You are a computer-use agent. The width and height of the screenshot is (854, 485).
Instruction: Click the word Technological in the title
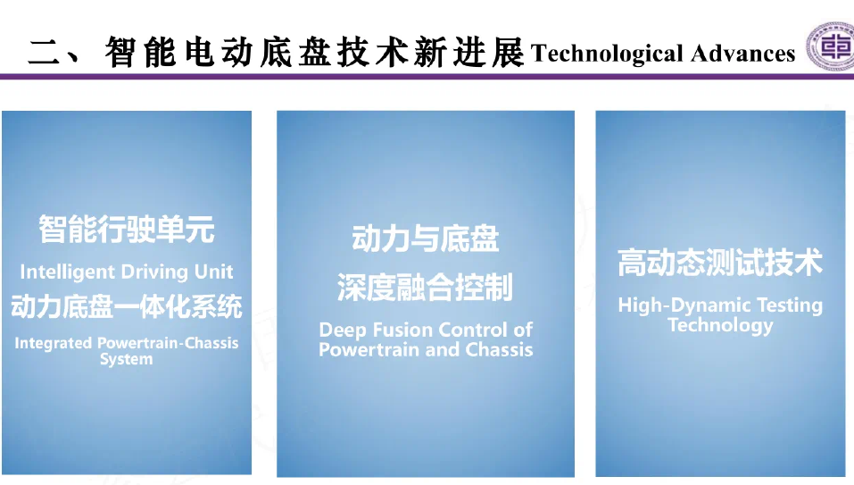(607, 54)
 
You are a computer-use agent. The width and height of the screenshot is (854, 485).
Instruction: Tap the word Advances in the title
(742, 54)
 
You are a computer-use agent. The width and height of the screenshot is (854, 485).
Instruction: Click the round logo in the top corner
(831, 46)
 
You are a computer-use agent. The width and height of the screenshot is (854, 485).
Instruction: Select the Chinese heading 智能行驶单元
(127, 229)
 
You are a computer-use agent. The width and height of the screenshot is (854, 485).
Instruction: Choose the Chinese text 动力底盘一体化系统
(127, 306)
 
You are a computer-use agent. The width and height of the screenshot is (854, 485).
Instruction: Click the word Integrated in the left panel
(54, 343)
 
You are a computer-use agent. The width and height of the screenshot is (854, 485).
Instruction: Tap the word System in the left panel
(127, 360)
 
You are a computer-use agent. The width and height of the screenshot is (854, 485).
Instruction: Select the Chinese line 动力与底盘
(426, 238)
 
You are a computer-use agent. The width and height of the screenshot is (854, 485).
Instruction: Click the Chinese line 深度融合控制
(426, 288)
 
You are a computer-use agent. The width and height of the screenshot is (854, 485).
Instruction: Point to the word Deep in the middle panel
(342, 330)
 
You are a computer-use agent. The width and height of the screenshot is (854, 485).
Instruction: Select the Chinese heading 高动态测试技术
(720, 262)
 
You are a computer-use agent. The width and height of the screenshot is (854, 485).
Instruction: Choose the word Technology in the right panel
(720, 325)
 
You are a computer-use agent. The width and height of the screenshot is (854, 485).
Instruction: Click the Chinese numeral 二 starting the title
(44, 53)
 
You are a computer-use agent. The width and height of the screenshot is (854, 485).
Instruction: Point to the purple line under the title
(427, 77)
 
